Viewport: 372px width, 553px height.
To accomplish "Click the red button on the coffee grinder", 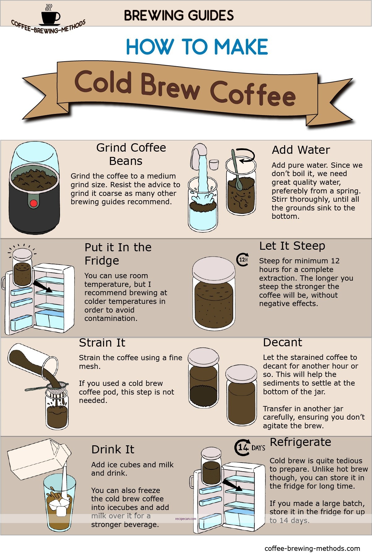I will (x=33, y=203).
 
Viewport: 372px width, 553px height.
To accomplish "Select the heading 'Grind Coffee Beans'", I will (x=131, y=154).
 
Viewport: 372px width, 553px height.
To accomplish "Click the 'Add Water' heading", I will (x=301, y=150).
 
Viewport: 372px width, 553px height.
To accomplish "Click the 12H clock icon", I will (x=243, y=259).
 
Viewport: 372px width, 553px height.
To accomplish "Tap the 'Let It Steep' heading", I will (x=292, y=246).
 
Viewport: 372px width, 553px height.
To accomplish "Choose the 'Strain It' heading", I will (x=102, y=343).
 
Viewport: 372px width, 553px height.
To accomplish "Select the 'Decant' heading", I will (x=282, y=343).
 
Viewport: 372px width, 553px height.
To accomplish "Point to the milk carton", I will (x=37, y=458).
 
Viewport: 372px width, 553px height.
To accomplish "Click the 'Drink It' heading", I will (x=113, y=449).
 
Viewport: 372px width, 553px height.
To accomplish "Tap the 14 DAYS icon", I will (x=250, y=447).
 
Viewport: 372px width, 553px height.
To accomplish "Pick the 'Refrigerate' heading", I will (x=300, y=442).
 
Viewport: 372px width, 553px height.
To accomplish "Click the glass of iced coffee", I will (x=59, y=503).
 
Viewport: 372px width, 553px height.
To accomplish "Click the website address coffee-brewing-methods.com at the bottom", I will (x=312, y=548).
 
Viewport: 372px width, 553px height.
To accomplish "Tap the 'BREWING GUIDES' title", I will (x=179, y=15).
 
